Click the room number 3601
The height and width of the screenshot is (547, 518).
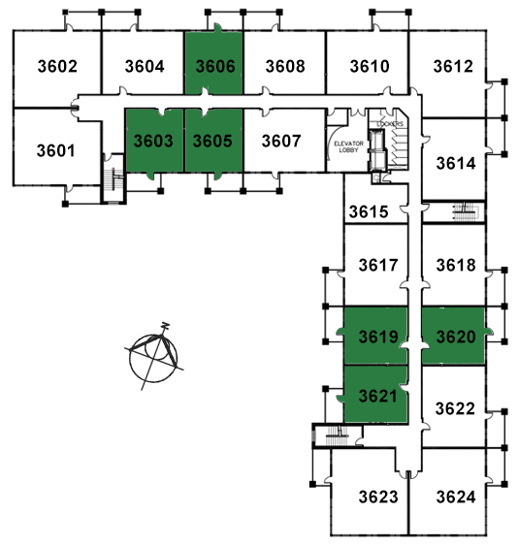click(56, 150)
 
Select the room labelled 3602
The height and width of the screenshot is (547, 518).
click(57, 66)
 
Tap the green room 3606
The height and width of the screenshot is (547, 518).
click(213, 63)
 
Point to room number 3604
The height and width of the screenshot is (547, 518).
click(145, 66)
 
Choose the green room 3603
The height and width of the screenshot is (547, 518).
click(154, 141)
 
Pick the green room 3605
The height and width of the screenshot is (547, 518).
click(213, 141)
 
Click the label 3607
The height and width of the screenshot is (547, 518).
click(281, 141)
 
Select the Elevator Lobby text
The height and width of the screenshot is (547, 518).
click(349, 146)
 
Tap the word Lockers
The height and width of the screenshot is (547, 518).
click(390, 124)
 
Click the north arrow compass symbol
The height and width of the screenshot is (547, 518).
click(154, 357)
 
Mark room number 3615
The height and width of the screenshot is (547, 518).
click(369, 211)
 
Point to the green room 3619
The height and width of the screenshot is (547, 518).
click(375, 336)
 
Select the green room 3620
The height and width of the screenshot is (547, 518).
click(453, 336)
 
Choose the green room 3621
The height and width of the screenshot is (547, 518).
click(375, 394)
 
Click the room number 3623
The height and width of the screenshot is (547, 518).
click(378, 497)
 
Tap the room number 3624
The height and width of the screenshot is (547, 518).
click(456, 497)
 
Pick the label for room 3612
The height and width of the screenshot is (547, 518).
click(453, 66)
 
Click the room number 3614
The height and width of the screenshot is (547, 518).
click(456, 163)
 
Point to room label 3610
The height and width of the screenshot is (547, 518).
click(370, 66)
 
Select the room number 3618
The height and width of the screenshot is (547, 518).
click(456, 265)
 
